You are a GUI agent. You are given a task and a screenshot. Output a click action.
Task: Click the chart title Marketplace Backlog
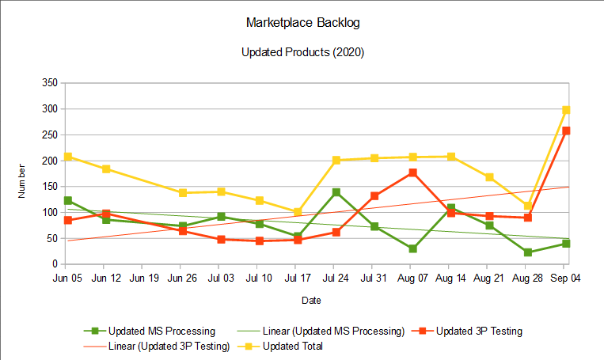point(302,23)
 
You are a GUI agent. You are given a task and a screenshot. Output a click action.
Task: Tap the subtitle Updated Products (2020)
point(302,53)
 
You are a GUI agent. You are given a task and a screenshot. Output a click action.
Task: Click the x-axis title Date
point(311,301)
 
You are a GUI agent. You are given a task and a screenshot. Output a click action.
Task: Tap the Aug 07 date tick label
point(412,279)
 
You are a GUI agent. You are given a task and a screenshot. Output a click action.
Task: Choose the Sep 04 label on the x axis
point(566,279)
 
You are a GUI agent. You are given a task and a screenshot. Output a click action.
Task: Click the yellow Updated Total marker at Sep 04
point(566,110)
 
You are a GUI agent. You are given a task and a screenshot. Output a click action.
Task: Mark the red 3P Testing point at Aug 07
point(412,172)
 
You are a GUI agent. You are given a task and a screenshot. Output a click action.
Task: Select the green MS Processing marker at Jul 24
point(336,192)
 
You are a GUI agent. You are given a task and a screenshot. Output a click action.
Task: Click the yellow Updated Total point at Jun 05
point(68,157)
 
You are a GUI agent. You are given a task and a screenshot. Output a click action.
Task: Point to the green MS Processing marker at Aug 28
point(527,252)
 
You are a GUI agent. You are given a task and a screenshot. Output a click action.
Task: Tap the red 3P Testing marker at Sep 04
point(566,131)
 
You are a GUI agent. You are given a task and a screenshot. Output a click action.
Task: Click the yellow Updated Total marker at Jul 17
point(298,212)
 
